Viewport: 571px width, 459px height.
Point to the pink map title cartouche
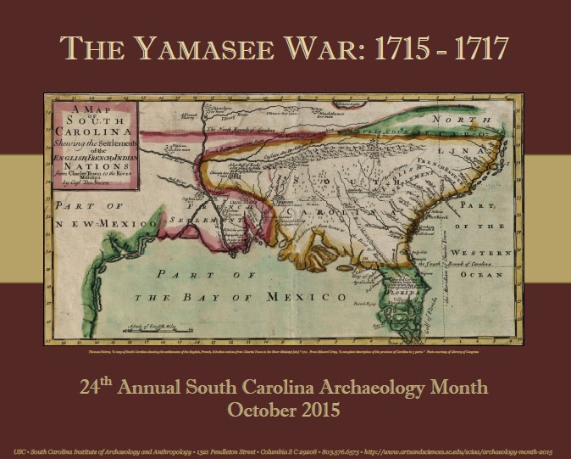click(91, 141)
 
